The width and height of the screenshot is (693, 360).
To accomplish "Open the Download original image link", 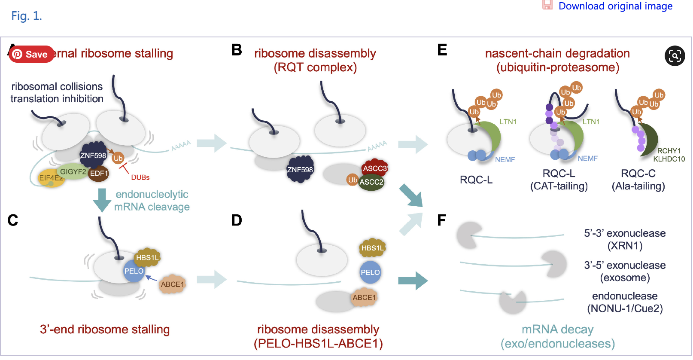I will pos(615,6).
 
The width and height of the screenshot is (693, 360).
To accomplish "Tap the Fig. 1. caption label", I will pos(26,16).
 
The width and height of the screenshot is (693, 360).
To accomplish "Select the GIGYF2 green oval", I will pos(73,171).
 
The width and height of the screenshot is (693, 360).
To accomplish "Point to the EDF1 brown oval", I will pos(99,173).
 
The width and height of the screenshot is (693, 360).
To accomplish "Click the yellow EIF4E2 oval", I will pos(50,178).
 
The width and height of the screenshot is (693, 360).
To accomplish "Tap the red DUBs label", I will pos(140,177).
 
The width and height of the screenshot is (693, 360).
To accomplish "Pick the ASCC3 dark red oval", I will pos(374,168).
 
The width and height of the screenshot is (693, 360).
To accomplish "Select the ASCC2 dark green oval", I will pos(371,182).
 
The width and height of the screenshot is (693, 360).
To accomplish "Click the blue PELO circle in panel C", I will pos(134,271).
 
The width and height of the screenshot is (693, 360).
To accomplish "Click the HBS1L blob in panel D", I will pos(372,248).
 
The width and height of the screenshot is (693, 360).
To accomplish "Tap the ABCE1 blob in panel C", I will pos(172,284).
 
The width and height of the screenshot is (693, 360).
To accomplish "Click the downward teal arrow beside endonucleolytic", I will pos(102,200).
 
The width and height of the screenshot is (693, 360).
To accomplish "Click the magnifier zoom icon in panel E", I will pos(675,56).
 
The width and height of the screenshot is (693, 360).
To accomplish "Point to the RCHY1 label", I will pos(669,151).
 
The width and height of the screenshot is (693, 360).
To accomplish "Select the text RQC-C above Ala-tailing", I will pos(638,173).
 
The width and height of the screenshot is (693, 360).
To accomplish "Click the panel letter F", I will pos(441,220).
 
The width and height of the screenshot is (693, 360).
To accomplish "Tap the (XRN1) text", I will pos(625,246).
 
